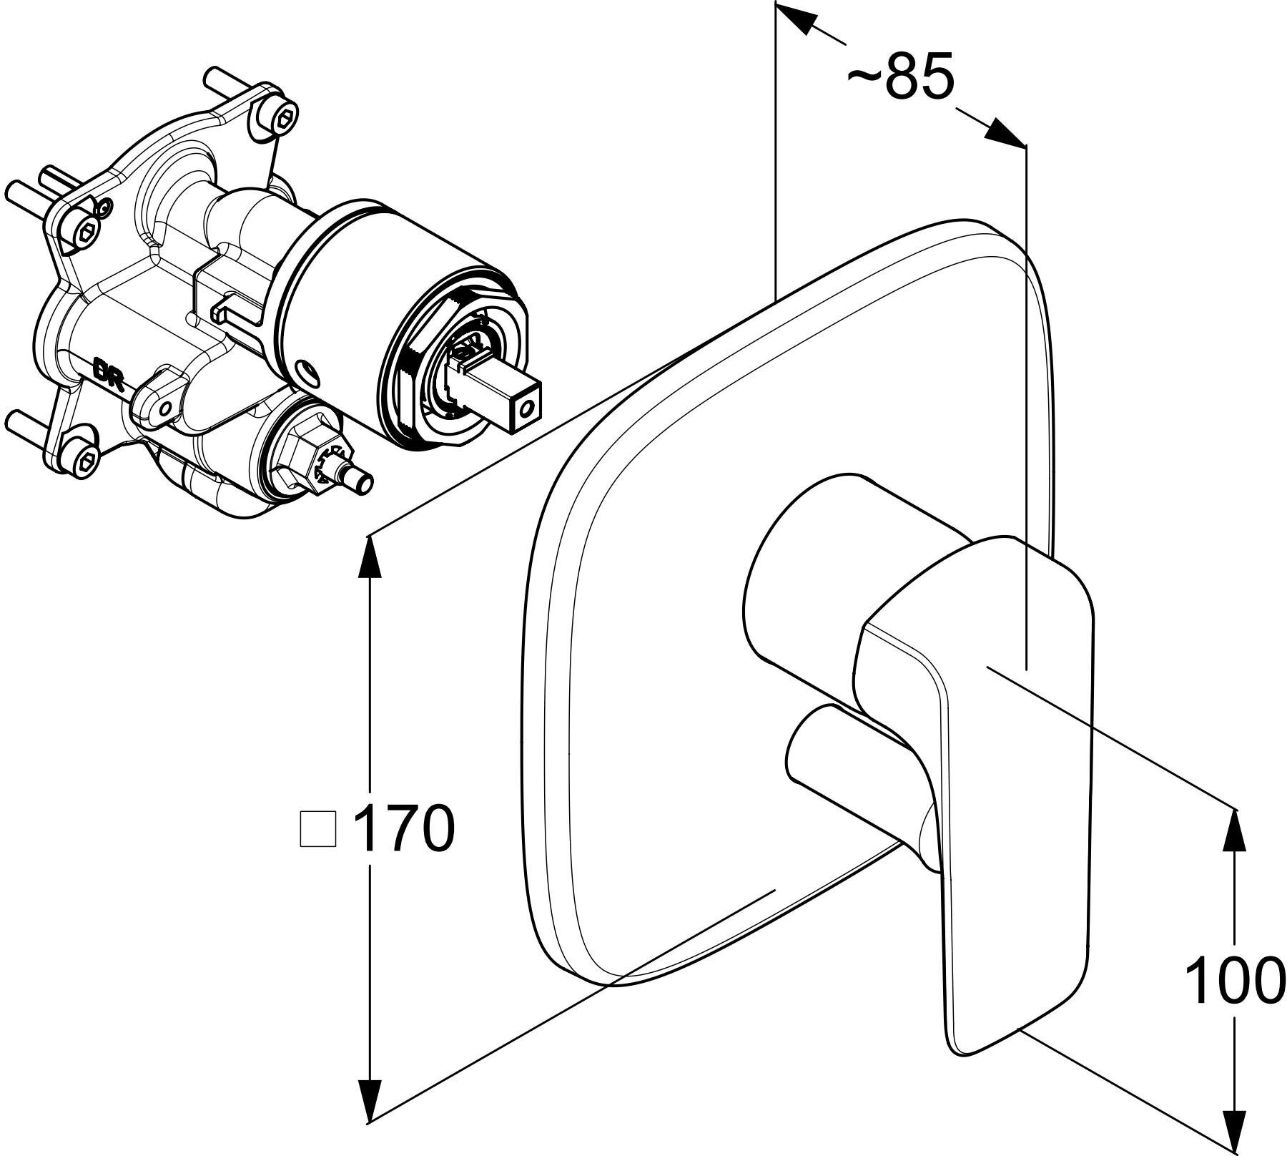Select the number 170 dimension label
point(405,828)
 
